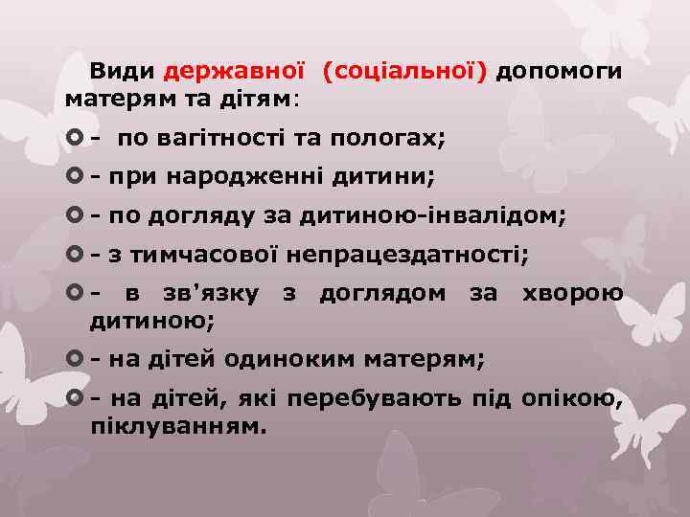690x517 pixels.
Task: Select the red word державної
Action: pyautogui.click(x=234, y=71)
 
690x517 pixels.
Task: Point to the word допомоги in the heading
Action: pyautogui.click(x=560, y=71)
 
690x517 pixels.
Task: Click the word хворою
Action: pyautogui.click(x=572, y=293)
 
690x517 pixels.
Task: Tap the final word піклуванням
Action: pyautogui.click(x=178, y=423)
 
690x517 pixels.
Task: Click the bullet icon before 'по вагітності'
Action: pyautogui.click(x=75, y=138)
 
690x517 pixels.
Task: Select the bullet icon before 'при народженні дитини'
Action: pyautogui.click(x=75, y=177)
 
